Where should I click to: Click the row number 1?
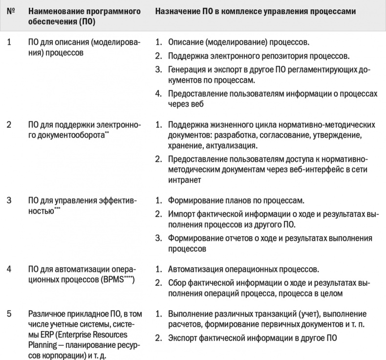click(9, 42)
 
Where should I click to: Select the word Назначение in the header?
click(177, 11)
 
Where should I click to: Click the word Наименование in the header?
click(55, 11)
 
